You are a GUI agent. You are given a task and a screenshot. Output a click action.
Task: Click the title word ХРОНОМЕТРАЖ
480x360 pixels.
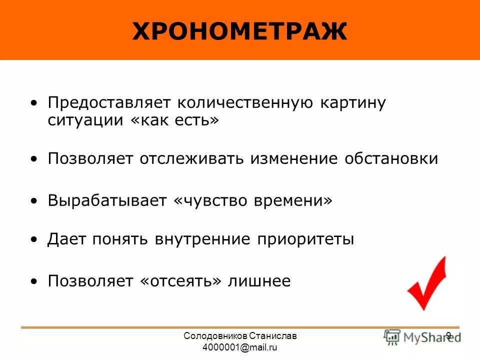(x=239, y=32)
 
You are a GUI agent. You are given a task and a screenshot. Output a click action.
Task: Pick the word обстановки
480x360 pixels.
(x=391, y=159)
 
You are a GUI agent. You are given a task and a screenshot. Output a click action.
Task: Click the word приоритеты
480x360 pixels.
(x=305, y=239)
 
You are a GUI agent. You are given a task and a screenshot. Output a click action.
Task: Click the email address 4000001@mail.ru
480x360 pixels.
(x=240, y=347)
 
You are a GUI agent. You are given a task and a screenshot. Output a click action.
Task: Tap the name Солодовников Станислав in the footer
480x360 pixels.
(x=240, y=336)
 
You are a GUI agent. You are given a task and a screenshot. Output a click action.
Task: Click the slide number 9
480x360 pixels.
(x=448, y=335)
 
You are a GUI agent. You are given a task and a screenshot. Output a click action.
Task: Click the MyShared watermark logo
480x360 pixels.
(x=422, y=337)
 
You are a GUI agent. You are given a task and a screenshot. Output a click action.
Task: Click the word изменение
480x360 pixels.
(x=298, y=159)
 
